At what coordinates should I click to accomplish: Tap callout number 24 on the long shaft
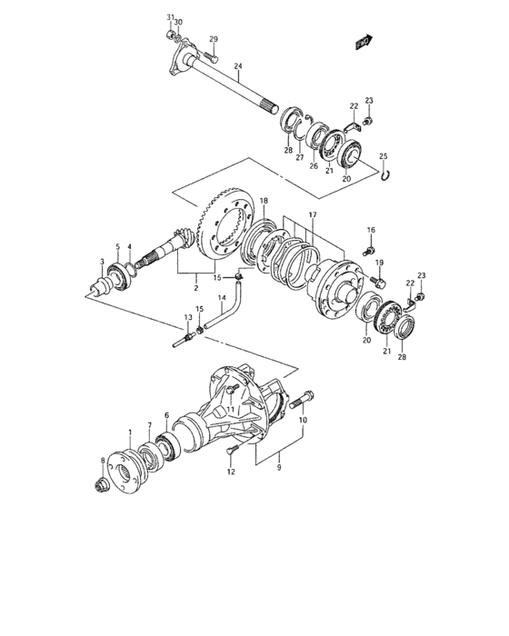coord(237,66)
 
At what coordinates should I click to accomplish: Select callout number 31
coord(169,17)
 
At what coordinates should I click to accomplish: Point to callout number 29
coord(214,39)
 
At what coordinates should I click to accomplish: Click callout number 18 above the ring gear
coord(264,200)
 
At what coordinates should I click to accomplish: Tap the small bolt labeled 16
coord(368,248)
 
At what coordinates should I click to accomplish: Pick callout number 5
coord(117,246)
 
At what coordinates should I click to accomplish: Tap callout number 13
coord(187,316)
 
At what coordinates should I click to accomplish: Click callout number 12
coord(230,472)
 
